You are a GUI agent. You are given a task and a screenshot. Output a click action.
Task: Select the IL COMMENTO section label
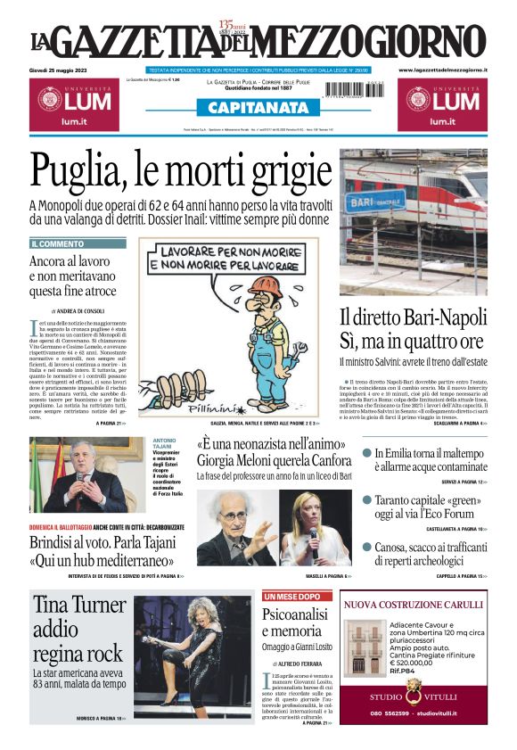pos(58,243)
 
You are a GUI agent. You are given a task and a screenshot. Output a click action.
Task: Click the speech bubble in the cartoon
pos(235,258)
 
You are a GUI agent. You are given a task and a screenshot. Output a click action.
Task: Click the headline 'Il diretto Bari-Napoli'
pos(412,318)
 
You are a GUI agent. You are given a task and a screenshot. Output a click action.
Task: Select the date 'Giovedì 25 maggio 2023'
pos(61,70)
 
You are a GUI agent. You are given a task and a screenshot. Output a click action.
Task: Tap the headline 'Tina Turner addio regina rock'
pos(78,630)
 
